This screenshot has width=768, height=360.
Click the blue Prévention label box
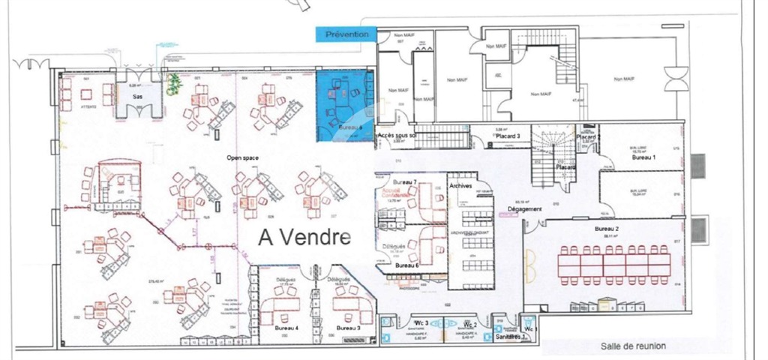[x=346, y=34]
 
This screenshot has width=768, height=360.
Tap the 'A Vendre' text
[x=304, y=237]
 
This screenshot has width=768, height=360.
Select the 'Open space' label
[x=243, y=158]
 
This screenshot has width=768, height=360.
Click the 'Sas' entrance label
[x=138, y=97]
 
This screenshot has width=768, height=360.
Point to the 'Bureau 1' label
[x=643, y=158]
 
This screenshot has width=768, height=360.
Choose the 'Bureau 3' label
[x=348, y=328]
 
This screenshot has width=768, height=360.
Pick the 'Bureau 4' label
[x=286, y=328]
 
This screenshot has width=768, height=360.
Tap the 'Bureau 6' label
[x=408, y=265]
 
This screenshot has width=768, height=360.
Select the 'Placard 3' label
[x=509, y=136]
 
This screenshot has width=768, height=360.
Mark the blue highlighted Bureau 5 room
[x=343, y=104]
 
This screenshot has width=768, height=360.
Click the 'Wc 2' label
[x=471, y=324]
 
